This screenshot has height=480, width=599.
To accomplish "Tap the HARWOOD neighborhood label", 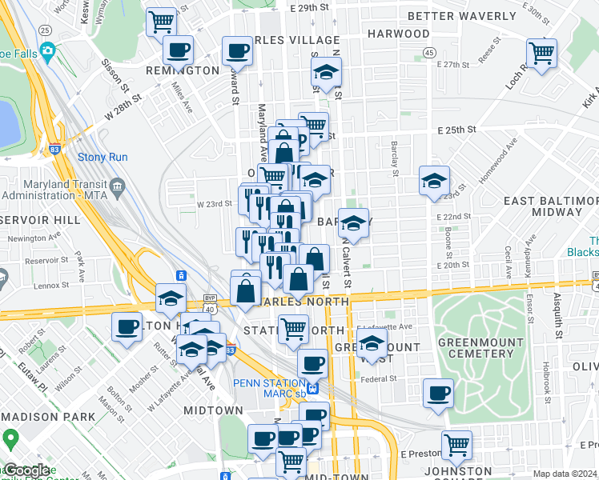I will pos(398,34).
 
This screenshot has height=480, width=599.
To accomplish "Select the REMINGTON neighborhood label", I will pos(183,70).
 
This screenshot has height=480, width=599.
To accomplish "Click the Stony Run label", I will pos(98,158).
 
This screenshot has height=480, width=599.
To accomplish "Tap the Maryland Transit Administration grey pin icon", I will pos(118,187).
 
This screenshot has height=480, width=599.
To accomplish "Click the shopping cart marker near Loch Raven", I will pos(543,54).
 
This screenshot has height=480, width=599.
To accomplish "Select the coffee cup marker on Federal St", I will pos(439,393).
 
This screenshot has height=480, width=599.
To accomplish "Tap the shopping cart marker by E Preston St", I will pos(456,444).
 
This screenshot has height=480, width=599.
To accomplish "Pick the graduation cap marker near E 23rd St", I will pos(434,181).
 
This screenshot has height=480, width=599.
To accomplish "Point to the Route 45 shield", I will pos(430,53).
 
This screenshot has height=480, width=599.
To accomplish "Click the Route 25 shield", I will pos(45,30).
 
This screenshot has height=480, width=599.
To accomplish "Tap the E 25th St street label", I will pos(456,130).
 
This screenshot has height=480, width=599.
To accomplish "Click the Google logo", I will pos(27,470).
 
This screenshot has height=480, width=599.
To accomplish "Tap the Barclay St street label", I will pos(395,162).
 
